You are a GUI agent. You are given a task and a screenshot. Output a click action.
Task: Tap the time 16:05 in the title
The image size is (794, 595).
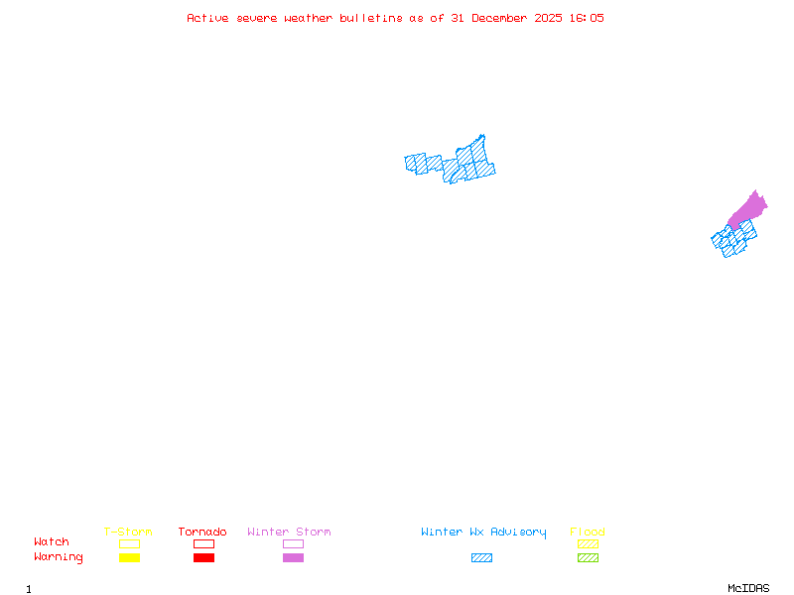[586, 18]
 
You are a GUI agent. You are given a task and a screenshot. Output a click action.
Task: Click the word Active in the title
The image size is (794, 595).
[207, 18]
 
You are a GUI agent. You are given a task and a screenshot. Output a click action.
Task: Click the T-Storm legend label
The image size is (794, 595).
[128, 533]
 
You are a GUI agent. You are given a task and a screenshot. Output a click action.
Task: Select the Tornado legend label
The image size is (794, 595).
[202, 533]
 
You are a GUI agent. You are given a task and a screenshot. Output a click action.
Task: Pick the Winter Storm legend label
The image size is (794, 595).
[289, 533]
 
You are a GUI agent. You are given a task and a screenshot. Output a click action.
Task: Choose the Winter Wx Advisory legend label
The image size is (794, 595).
[483, 533]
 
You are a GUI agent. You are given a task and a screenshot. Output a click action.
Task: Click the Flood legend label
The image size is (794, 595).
[588, 533]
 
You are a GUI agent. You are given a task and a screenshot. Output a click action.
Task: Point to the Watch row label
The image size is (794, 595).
[52, 542]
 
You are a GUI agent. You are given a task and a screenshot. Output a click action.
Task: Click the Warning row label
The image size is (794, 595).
[59, 557]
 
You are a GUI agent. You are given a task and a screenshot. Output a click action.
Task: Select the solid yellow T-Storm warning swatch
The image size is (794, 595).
[129, 558]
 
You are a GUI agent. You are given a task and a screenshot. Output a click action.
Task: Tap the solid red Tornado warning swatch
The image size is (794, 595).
[203, 558]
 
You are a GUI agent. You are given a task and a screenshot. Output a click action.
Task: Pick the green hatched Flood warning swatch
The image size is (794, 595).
[588, 558]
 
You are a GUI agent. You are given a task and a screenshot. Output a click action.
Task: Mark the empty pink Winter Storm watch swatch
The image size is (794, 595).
[293, 543]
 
